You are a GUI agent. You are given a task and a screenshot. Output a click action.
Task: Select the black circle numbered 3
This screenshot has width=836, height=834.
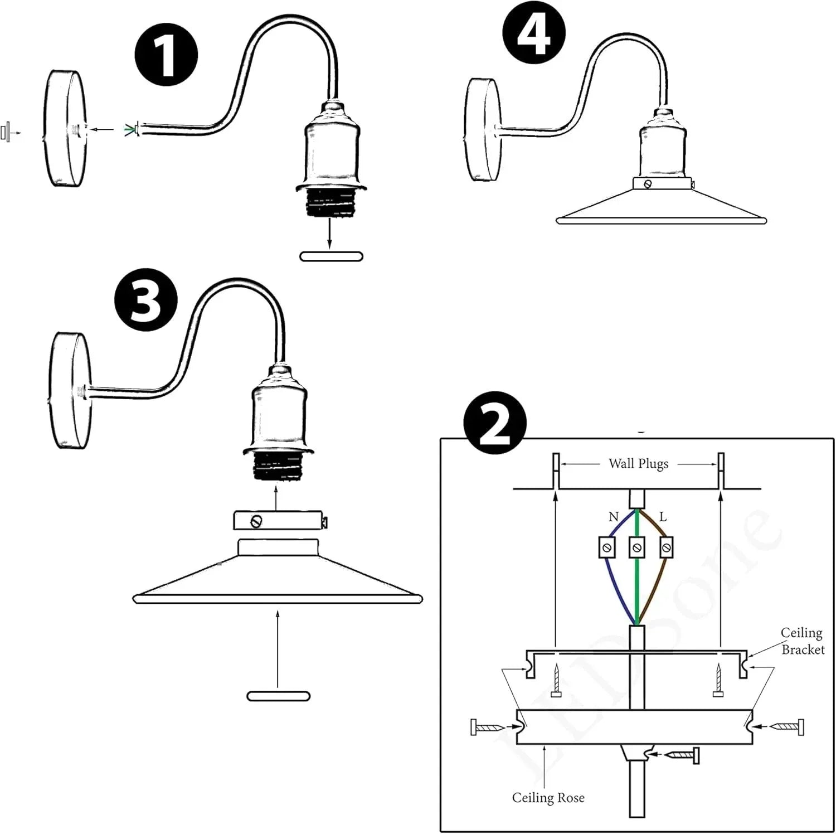tap(146, 302)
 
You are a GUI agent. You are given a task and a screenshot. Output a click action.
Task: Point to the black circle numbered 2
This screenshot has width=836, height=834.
tap(495, 426)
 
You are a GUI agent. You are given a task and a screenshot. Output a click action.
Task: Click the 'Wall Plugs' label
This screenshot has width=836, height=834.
tap(638, 464)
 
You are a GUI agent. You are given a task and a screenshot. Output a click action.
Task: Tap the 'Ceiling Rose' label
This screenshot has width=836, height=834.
tap(548, 798)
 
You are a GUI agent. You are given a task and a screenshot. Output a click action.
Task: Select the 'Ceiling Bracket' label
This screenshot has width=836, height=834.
tap(802, 641)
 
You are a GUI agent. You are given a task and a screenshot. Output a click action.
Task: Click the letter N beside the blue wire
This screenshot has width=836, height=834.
tap(614, 517)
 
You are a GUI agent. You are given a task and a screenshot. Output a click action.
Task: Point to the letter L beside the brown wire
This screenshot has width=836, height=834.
tap(663, 517)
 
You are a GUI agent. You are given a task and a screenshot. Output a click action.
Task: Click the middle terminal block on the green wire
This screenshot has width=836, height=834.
tap(636, 547)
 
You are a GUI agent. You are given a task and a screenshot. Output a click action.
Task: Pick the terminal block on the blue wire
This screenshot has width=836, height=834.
tap(607, 547)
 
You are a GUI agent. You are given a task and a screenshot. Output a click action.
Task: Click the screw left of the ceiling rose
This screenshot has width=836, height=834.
tap(489, 727)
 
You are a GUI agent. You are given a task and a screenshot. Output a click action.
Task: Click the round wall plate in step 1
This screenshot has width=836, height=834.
tap(65, 129)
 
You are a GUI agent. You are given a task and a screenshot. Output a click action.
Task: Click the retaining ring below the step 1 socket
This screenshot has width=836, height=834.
tap(331, 256)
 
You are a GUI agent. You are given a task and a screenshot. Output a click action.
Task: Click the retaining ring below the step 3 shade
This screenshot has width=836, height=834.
tap(278, 696)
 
